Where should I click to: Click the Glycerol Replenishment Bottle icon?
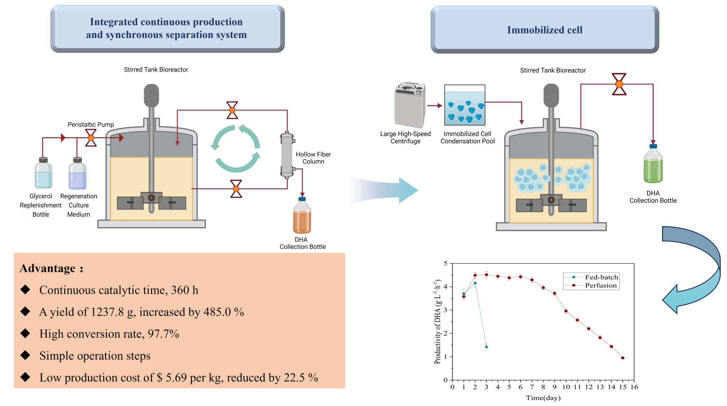coord(43,173)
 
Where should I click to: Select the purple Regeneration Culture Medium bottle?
coord(77,174)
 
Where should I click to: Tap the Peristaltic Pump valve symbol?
coord(91,138)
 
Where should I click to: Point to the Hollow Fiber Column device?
coord(287,155)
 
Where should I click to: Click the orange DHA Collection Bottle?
coord(302,216)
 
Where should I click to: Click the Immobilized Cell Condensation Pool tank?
coord(465,105)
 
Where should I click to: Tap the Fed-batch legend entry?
coord(601,277)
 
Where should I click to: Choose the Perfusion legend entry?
coord(601,285)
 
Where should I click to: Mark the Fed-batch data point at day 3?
coord(486,346)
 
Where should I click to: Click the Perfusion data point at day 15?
coord(623,358)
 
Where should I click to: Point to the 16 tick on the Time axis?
coord(634,387)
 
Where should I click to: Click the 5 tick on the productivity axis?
coord(446,263)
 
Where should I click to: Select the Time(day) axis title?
coord(543,398)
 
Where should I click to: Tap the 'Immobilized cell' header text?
coord(545,30)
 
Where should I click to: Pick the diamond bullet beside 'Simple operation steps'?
coord(26,355)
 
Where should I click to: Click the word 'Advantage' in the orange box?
coord(48,268)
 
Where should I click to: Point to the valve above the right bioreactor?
coord(619,84)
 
